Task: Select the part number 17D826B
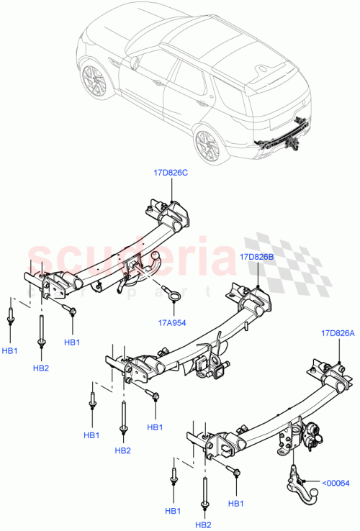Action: coord(256,256)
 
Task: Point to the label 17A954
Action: coord(170,323)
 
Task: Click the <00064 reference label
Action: coord(335,483)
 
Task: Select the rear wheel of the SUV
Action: coord(207,145)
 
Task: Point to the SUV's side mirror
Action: coord(134,63)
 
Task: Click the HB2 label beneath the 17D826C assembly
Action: coord(41,368)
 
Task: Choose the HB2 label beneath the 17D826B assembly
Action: coord(123,450)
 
